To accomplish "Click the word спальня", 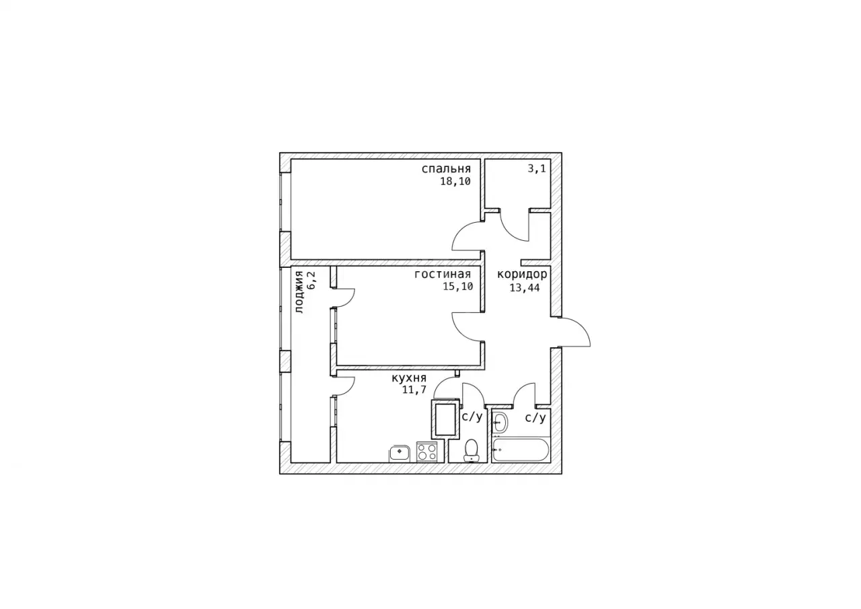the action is [446, 169].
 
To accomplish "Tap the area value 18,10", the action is [455, 182].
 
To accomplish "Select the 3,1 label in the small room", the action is [537, 168].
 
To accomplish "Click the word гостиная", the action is [443, 274].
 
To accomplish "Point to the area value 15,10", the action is [458, 287].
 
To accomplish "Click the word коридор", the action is [522, 275].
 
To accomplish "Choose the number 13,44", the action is [525, 287].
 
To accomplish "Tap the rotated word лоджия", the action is [299, 292].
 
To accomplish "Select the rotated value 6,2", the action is [311, 281].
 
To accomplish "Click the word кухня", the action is [409, 378].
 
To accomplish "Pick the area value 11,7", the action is [414, 390].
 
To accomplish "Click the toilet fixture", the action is [471, 450].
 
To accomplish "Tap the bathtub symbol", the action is [521, 450].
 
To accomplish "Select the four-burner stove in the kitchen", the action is [427, 452].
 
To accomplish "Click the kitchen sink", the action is [400, 454].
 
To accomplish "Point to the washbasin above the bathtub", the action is [500, 423].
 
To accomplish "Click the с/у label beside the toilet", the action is [472, 417].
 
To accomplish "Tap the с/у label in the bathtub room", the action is [535, 418].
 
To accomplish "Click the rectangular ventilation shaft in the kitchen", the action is [446, 419].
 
